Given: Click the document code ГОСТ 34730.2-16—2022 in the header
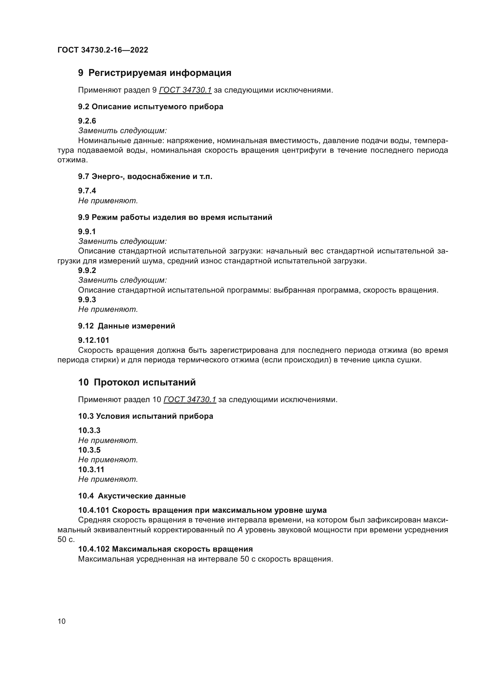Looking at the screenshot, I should (102, 50).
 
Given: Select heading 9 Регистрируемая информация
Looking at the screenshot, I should (154, 73).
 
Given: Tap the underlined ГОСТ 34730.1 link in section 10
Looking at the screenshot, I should (190, 399).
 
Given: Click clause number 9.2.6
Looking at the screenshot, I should (87, 121).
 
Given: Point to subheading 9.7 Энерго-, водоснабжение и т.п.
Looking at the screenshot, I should (145, 177).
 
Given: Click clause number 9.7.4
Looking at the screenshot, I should (87, 191).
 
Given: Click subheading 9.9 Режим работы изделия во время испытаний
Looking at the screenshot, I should (175, 218).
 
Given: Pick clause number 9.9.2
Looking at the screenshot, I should (87, 270).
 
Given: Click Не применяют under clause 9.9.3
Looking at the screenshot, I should (108, 309).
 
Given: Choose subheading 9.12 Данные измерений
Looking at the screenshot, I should (126, 326).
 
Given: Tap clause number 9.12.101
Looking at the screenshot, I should (93, 340).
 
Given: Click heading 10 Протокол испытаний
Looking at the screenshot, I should (137, 382).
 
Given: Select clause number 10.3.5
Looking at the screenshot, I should (89, 450).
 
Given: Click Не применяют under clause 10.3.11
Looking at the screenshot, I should (108, 479).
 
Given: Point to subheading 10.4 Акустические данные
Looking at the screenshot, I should (132, 496).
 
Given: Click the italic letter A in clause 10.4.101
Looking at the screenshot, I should (240, 530).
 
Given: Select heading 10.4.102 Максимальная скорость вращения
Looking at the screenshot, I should (165, 549).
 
